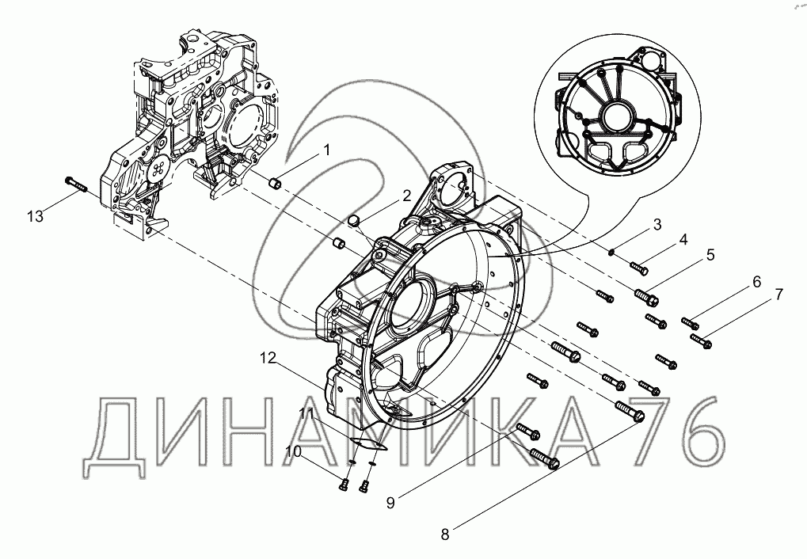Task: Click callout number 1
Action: click(326, 150)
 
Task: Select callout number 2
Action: click(406, 196)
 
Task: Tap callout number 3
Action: click(657, 225)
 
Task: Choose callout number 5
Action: click(710, 254)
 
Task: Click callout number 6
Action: click(756, 282)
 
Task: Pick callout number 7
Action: click(778, 295)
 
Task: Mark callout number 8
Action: click(445, 534)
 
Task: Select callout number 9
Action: click(390, 503)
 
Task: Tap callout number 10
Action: click(293, 451)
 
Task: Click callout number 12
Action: click(268, 358)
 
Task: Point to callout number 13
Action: click(36, 217)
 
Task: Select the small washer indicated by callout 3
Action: click(611, 252)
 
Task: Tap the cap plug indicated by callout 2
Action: click(353, 220)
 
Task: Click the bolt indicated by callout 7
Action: click(701, 340)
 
